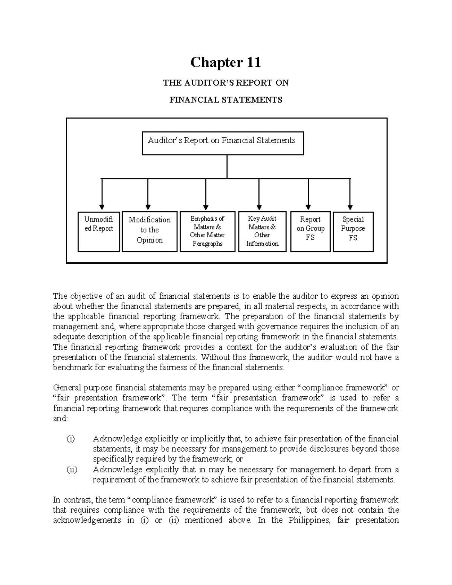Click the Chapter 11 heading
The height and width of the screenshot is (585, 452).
[225, 62]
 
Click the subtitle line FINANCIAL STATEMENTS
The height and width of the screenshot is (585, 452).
[225, 100]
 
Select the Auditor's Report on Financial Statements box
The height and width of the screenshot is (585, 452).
[223, 143]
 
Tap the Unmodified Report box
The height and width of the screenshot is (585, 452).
[99, 231]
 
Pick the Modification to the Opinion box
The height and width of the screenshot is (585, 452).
[150, 231]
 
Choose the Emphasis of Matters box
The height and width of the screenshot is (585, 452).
[208, 231]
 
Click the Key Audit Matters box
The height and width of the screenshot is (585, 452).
[262, 231]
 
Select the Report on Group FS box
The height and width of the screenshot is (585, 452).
[310, 231]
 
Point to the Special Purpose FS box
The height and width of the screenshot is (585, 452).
[353, 231]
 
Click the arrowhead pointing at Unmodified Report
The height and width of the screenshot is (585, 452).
[102, 207]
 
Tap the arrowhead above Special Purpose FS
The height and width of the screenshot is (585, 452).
[350, 207]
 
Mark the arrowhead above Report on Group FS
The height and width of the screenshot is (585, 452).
[308, 207]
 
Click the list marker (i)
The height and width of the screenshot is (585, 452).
[70, 439]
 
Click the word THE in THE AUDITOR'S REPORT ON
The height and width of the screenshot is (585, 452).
[170, 83]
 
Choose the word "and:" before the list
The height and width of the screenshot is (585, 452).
[60, 419]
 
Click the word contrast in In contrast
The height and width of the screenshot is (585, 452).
[78, 500]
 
